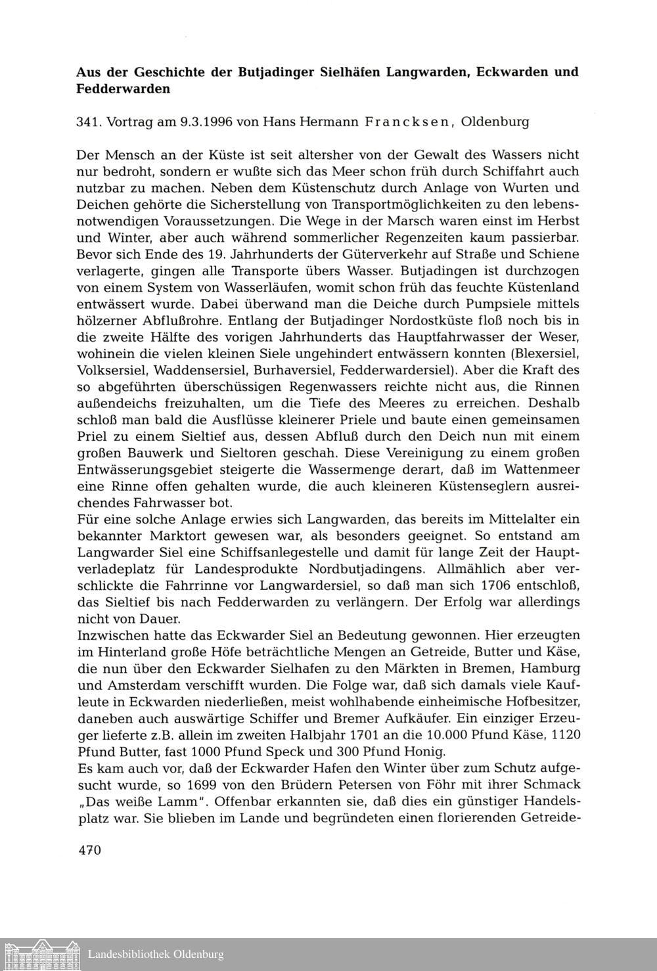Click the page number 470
[89, 849]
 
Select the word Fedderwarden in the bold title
[124, 88]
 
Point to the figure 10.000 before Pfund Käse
[464, 734]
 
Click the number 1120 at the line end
[563, 734]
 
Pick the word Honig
[424, 751]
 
